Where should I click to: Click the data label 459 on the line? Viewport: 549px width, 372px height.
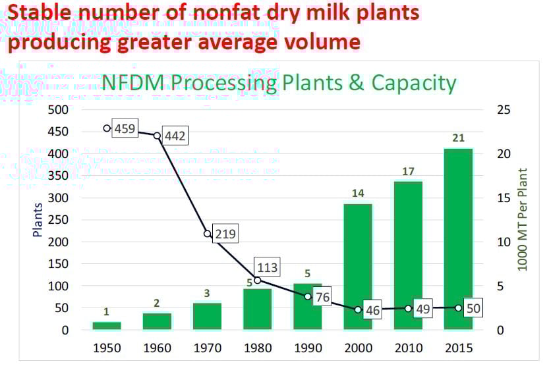[x=125, y=128]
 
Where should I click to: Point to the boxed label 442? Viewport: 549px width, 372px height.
[x=175, y=137]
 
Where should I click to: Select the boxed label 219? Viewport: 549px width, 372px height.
[x=225, y=234]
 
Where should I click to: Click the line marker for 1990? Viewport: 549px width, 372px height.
[x=308, y=296]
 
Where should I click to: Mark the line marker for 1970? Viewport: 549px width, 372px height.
[x=207, y=233]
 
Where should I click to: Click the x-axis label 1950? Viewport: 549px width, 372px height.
[x=107, y=348]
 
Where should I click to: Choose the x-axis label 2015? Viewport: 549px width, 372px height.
[x=458, y=348]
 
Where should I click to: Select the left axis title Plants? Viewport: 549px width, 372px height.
[x=38, y=219]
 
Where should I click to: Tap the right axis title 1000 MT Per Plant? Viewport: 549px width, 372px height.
[x=523, y=219]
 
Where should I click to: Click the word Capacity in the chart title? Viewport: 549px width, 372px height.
[x=414, y=83]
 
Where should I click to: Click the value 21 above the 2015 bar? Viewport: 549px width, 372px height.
[x=458, y=138]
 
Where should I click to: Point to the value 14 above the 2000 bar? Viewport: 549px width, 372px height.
[x=358, y=194]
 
